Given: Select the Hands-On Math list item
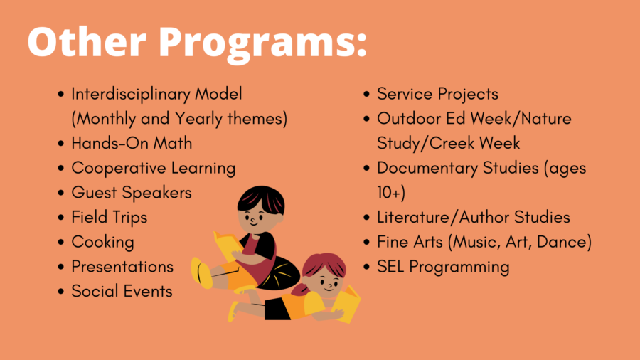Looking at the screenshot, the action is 132,143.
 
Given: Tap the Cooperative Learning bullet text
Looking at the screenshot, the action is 154,169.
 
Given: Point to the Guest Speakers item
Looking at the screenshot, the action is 132,193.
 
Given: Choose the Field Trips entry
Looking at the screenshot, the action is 109,218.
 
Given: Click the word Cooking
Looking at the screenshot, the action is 103,243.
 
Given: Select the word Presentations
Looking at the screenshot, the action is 122,267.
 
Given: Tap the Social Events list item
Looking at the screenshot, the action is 122,291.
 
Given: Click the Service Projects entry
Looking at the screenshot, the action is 437,95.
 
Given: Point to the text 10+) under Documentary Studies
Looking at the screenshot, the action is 391,193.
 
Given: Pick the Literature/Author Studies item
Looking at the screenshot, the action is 474,217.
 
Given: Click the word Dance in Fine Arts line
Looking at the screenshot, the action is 564,242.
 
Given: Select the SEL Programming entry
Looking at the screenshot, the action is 443,267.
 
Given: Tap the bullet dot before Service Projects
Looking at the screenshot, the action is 366,95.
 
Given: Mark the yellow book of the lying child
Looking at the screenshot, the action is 346,304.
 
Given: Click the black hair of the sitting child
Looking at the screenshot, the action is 260,199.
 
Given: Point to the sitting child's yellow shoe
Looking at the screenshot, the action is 201,272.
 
